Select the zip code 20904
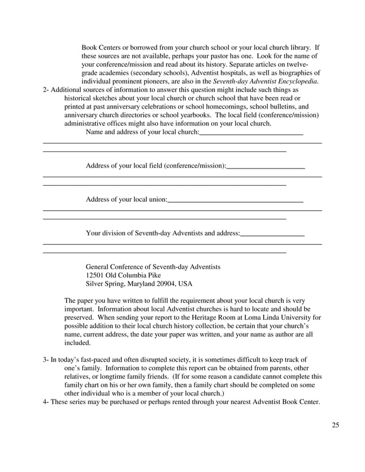point(165,283)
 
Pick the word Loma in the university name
point(254,317)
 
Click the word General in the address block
point(99,267)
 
